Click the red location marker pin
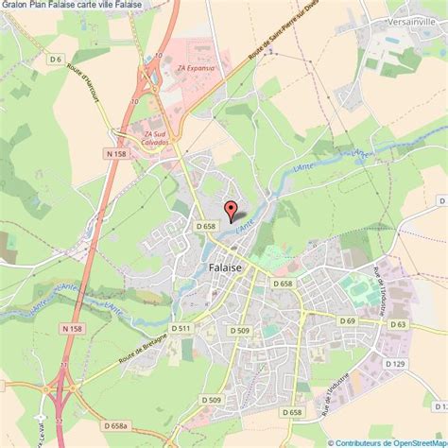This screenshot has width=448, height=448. click(229, 210)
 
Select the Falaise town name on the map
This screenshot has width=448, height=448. click(224, 267)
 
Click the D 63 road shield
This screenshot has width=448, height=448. click(398, 325)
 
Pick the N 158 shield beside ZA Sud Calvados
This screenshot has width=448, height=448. click(116, 154)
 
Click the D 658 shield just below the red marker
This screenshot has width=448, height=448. click(208, 226)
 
